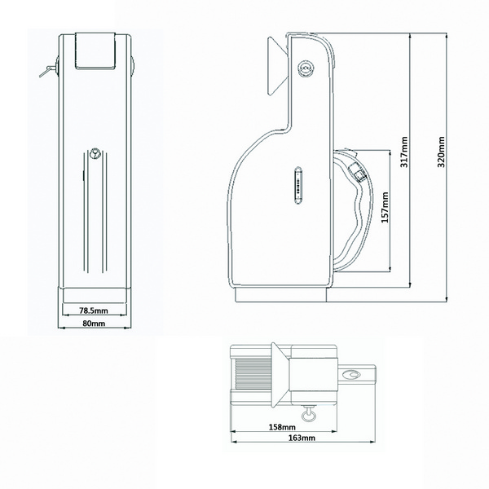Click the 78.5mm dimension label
pyautogui.click(x=94, y=311)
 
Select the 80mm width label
pyautogui.click(x=94, y=323)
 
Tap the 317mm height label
pyautogui.click(x=404, y=152)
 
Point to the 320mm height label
pyautogui.click(x=441, y=152)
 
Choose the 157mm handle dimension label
pyautogui.click(x=385, y=207)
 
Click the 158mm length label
pyautogui.click(x=282, y=427)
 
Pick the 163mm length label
pyautogui.click(x=302, y=438)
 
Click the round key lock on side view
pyautogui.click(x=306, y=68)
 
